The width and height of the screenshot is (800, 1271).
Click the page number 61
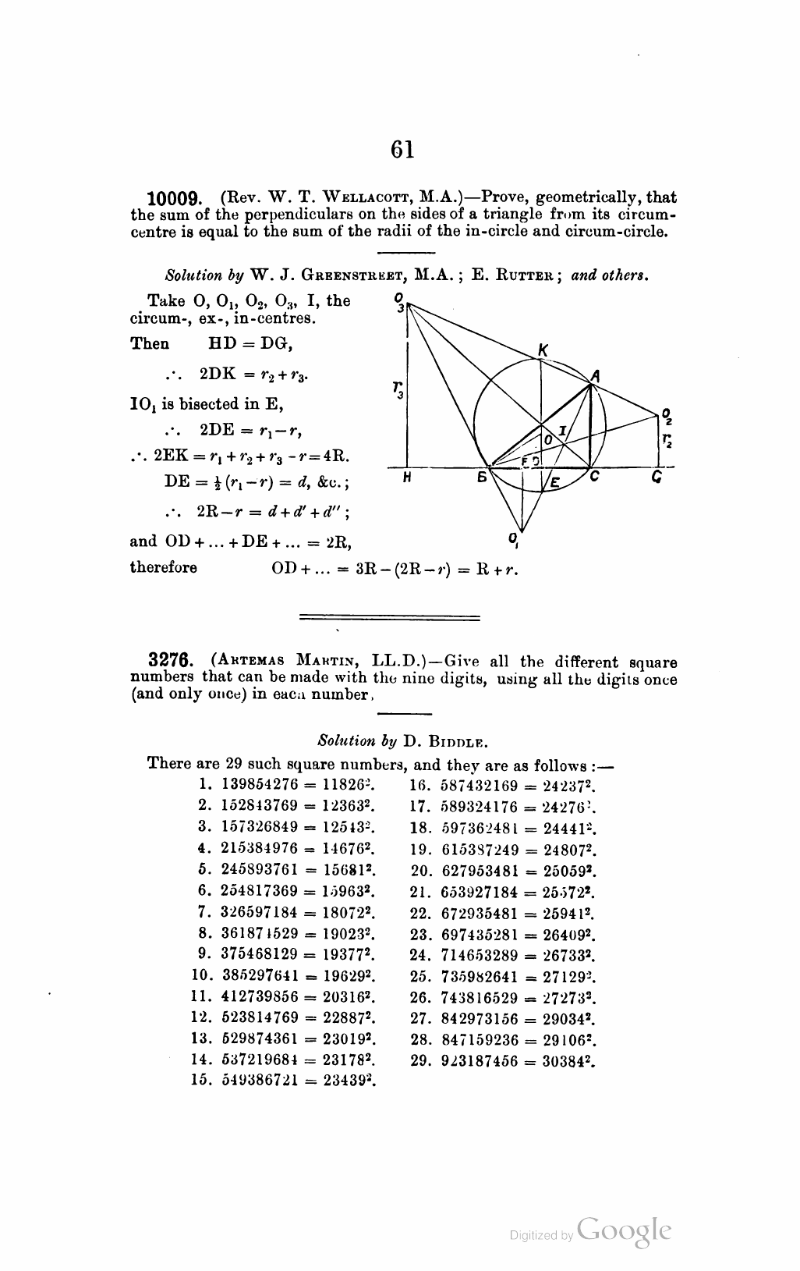click(402, 149)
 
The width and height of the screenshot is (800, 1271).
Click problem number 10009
click(176, 199)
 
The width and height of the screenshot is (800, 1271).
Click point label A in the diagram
click(595, 375)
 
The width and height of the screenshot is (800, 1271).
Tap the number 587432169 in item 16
click(470, 783)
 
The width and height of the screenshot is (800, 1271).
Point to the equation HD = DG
click(250, 344)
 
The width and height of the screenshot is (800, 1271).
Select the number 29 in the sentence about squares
click(234, 763)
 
